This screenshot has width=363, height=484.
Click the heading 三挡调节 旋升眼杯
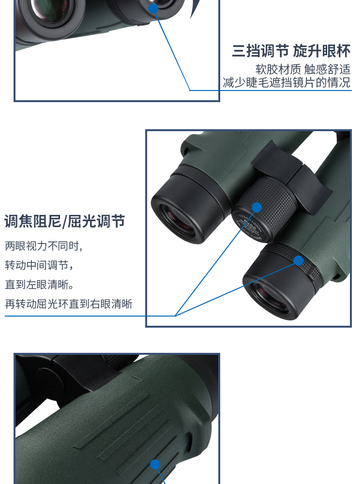[x=291, y=51]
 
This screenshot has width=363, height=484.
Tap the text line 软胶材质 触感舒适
[x=303, y=69]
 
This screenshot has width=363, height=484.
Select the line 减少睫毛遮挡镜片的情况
[x=287, y=82]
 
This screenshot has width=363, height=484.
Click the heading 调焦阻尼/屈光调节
[x=64, y=221]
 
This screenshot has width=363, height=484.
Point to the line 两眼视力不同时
[x=44, y=246]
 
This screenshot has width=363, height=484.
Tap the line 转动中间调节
[x=39, y=265]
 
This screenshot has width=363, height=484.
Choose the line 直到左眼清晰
[x=39, y=284]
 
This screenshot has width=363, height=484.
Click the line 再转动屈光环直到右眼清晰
[x=69, y=304]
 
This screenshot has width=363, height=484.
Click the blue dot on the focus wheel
[x=257, y=208]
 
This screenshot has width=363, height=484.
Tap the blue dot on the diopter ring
[x=299, y=260]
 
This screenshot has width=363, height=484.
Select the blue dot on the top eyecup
[x=153, y=8]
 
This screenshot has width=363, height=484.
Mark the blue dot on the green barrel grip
[x=155, y=464]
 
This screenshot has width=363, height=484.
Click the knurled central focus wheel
[x=269, y=204]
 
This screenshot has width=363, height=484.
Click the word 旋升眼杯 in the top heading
[x=322, y=51]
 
